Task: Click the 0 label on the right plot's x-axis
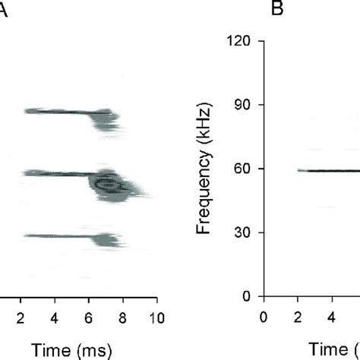tap(264, 315)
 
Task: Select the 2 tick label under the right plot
tap(298, 315)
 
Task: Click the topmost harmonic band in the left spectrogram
tap(65, 112)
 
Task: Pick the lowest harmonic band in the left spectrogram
tap(65, 236)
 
